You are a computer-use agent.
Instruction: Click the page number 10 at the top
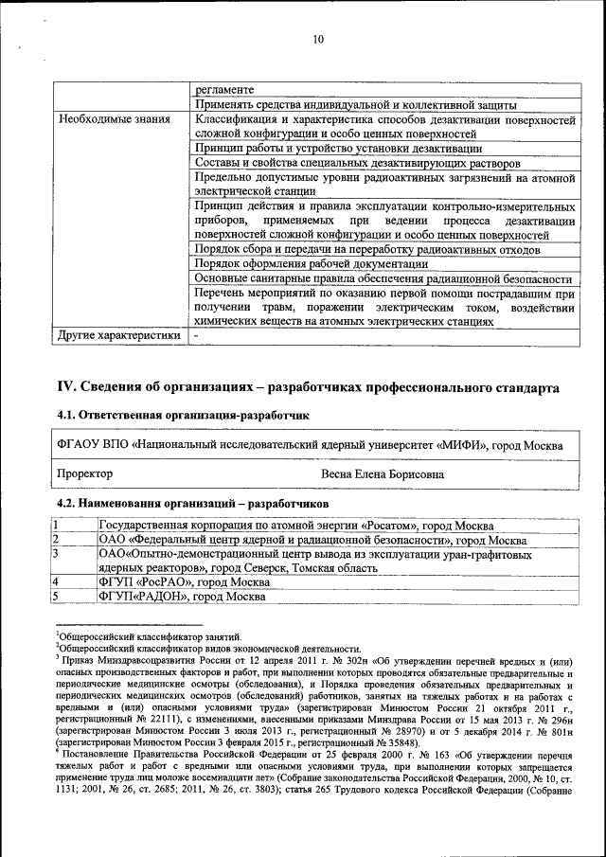tap(316, 39)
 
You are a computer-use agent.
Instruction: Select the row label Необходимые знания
tap(114, 120)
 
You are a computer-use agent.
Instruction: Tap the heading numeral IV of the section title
tap(67, 387)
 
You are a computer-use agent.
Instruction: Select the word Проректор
tap(85, 473)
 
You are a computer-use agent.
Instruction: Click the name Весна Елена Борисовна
tap(383, 473)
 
